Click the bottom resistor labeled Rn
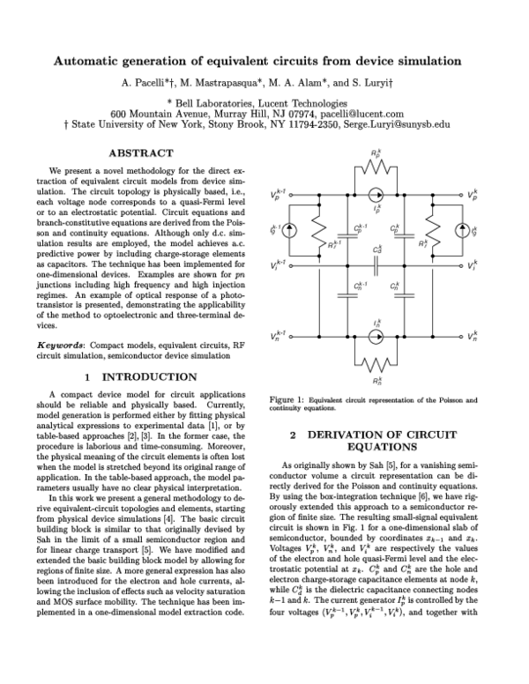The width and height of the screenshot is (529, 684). pos(376,365)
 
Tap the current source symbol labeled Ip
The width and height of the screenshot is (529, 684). pos(376,194)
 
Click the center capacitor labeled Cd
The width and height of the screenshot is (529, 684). pos(376,264)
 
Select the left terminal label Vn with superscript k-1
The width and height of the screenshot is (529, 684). pos(277,336)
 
